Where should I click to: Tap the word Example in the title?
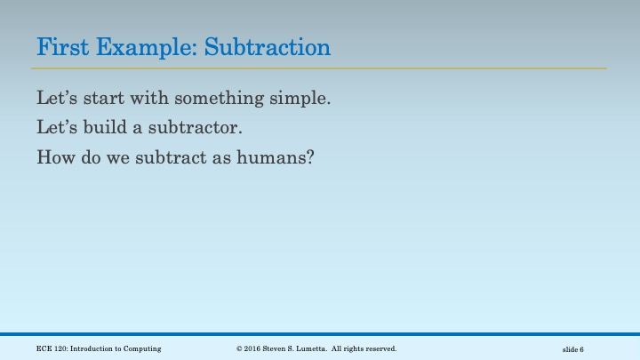(141, 46)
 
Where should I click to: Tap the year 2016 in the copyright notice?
(255, 348)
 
